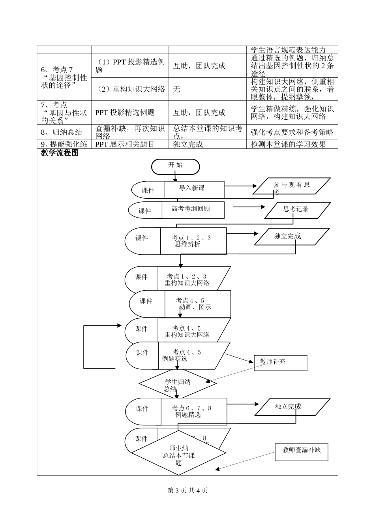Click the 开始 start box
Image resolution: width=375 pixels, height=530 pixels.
click(x=175, y=166)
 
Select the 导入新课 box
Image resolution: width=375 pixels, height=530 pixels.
click(x=193, y=189)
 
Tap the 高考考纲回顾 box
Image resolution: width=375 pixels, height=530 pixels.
click(x=193, y=210)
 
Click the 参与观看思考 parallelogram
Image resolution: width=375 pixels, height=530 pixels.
click(x=291, y=186)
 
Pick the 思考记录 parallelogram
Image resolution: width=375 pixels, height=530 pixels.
click(x=297, y=210)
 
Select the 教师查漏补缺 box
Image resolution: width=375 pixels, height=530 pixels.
click(x=301, y=451)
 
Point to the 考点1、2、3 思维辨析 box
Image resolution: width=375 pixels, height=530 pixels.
click(x=193, y=241)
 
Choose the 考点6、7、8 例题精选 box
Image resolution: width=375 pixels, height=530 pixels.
click(x=193, y=412)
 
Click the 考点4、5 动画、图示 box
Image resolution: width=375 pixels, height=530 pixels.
click(x=197, y=304)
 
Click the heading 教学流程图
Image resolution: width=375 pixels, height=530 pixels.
click(x=60, y=153)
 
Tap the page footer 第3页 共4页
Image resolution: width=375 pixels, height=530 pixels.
click(x=187, y=491)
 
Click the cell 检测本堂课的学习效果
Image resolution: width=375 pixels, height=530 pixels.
click(x=292, y=145)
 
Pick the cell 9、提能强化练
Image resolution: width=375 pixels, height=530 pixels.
click(x=64, y=145)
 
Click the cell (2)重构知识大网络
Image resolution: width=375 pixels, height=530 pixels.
click(x=130, y=89)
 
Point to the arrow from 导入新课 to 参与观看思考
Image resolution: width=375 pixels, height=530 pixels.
click(x=240, y=186)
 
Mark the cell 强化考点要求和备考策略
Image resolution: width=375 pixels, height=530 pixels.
click(x=292, y=132)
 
